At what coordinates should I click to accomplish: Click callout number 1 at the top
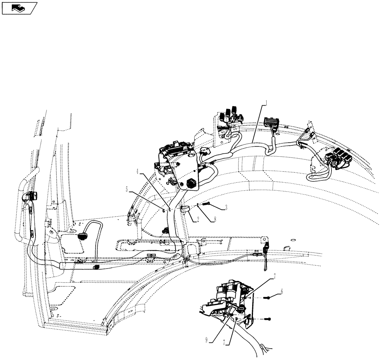(266, 102)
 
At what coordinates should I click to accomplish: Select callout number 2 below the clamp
(194, 220)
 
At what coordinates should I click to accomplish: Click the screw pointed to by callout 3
(206, 204)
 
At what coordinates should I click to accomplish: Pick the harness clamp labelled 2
(185, 209)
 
